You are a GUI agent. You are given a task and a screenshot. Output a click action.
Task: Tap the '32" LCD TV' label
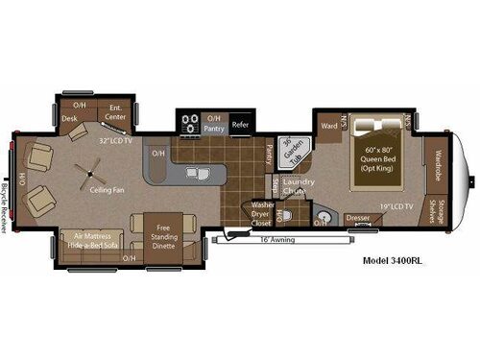click(114, 140)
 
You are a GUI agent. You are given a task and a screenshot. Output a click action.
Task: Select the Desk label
click(70, 118)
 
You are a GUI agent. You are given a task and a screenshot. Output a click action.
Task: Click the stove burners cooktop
click(188, 124)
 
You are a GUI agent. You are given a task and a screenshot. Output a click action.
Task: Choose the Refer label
click(240, 124)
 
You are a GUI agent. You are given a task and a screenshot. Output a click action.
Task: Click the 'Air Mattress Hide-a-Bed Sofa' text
click(93, 240)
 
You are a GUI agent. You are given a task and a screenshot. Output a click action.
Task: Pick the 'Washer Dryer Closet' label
click(261, 213)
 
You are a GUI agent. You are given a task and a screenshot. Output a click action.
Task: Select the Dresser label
click(358, 218)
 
